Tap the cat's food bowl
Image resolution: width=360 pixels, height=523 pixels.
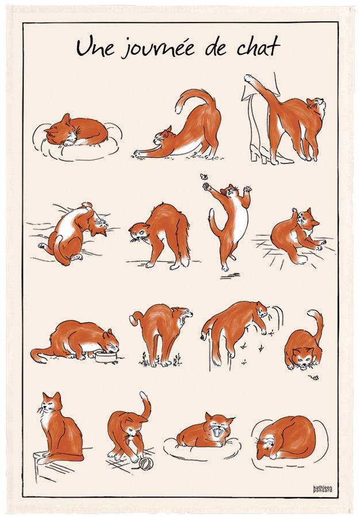105,357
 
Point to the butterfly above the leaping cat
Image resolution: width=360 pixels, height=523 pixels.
204,177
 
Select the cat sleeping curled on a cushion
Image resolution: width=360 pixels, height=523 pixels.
75,131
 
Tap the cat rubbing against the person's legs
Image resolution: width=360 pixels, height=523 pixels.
297,127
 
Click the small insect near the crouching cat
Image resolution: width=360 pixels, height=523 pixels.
315,378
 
